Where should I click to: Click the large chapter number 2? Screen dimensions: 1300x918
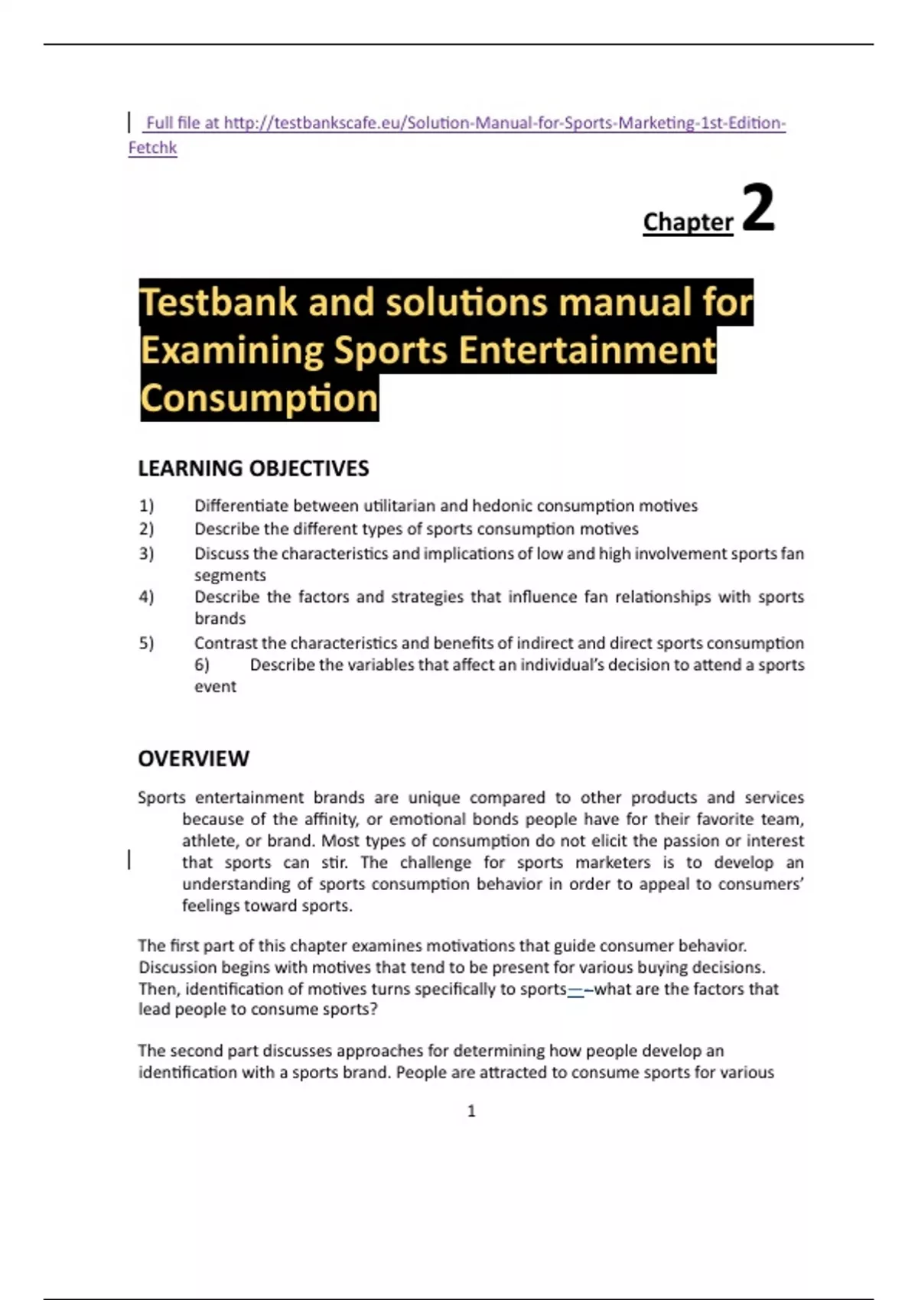758,207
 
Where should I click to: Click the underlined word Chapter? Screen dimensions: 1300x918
688,222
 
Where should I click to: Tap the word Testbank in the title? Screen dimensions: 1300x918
218,301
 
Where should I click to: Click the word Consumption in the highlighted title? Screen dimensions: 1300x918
259,398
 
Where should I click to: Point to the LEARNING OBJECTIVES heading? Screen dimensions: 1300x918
253,468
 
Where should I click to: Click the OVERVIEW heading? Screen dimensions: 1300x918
194,759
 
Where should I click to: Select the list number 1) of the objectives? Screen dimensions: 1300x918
146,505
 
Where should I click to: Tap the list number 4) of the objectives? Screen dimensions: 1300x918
146,596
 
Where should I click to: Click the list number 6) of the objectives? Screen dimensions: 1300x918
202,665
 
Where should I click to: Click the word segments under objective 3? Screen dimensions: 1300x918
229,575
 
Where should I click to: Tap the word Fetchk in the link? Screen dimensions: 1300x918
152,148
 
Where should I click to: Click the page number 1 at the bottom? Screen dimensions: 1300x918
471,1111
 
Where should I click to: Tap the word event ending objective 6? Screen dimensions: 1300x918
215,687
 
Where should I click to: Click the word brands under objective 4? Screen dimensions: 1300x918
220,619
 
